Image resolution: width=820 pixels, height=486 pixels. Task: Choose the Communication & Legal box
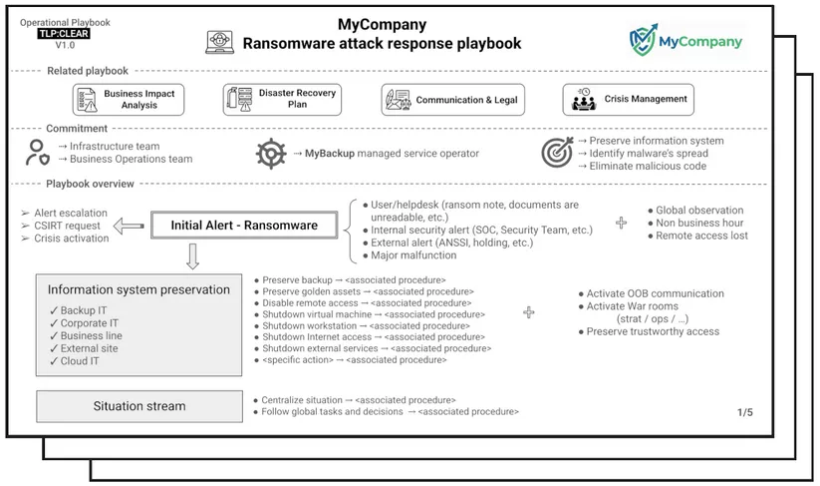(452, 100)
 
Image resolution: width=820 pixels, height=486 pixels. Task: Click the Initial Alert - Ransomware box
(244, 226)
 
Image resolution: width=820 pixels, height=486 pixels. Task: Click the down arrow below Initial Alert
(192, 256)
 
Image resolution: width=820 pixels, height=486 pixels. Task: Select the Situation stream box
(138, 406)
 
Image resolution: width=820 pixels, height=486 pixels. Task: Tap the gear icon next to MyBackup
(270, 154)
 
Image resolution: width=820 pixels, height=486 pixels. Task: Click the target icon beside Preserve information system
(556, 153)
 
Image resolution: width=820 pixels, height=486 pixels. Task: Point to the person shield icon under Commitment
(37, 153)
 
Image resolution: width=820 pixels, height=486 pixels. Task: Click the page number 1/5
(745, 412)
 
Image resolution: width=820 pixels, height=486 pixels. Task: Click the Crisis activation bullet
(71, 240)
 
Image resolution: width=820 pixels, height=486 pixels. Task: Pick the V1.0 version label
(65, 45)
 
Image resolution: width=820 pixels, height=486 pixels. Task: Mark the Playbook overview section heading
(90, 184)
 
